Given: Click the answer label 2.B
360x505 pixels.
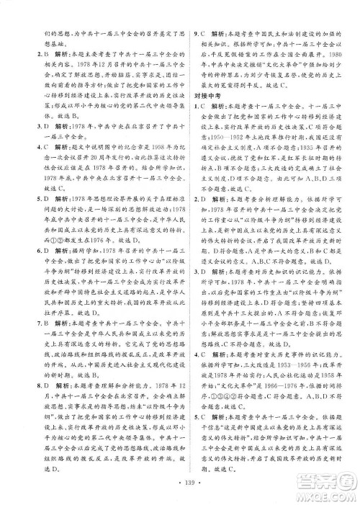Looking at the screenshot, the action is tap(33, 53).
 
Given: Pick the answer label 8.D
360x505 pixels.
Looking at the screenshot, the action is tap(33, 389).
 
